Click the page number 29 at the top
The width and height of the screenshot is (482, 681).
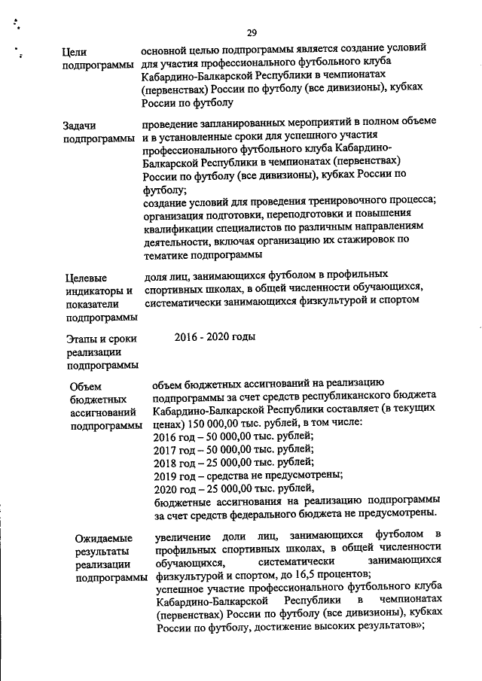point(252,33)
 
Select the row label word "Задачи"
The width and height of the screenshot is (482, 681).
point(81,126)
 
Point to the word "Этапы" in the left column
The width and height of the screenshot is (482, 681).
point(81,339)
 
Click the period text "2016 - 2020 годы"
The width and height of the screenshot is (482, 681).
point(215,336)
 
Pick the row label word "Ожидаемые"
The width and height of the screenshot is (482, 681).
point(104,538)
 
